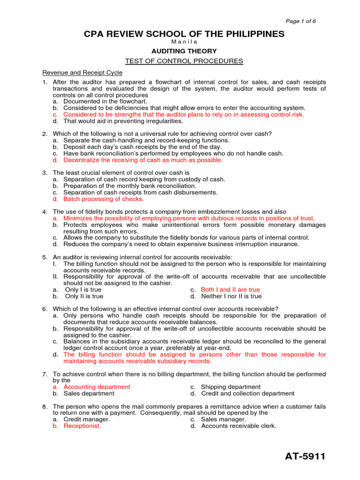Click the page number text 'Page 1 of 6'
(301, 22)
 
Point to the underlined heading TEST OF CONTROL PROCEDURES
(184, 61)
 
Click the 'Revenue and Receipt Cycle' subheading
(82, 73)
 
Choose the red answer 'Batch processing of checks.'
(97, 199)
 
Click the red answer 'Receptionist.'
(82, 426)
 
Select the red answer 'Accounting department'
(97, 387)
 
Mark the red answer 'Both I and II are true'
(230, 290)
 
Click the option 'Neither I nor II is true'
(231, 296)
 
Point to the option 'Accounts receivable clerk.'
(239, 426)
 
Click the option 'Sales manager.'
(223, 420)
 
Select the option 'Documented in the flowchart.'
(105, 101)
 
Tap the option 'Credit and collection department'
(247, 393)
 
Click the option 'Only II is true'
(84, 296)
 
